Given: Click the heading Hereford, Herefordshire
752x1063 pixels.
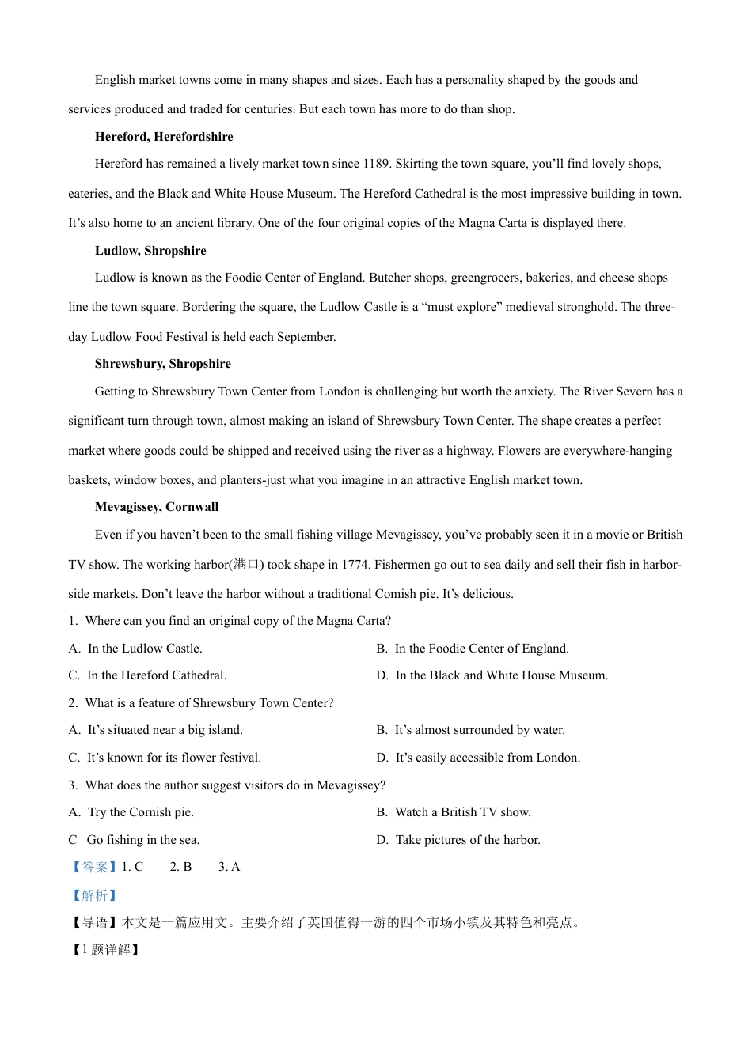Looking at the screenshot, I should click(164, 137).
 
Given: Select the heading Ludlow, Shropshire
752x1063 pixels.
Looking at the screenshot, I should click(150, 251).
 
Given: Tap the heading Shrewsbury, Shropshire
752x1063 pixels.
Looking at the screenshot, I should click(163, 364).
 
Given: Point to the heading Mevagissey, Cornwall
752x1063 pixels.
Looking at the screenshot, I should click(157, 507).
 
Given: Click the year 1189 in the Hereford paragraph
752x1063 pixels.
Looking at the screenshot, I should click(376, 164).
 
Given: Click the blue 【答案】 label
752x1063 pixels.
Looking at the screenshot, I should click(93, 867).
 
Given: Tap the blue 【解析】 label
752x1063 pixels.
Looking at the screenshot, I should click(93, 895).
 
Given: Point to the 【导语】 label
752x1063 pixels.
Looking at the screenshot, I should click(94, 922).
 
